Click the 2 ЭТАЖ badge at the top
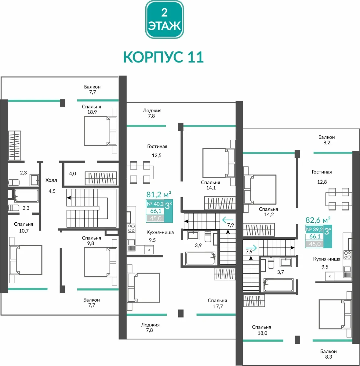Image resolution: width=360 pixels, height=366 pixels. tap(164, 20)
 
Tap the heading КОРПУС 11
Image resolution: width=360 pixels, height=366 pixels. tap(163, 57)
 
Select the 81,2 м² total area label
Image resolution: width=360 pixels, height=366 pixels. tap(158, 194)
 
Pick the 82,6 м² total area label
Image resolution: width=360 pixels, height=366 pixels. tap(318, 220)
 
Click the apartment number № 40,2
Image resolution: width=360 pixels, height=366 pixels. tap(155, 204)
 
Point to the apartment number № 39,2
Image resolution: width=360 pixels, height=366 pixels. tap(314, 229)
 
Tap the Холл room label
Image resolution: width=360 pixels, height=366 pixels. tap(51, 180)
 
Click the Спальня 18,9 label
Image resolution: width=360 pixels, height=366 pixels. tap(92, 109)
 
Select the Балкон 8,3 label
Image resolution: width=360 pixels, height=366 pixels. tap(329, 354)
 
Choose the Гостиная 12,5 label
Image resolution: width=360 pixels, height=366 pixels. tap(157, 151)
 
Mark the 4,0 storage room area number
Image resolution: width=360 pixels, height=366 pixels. tap(72, 174)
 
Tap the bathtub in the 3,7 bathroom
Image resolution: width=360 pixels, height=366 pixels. tap(278, 285)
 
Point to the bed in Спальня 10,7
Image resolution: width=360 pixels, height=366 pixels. tap(26, 260)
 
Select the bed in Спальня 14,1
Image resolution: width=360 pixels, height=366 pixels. tap(219, 163)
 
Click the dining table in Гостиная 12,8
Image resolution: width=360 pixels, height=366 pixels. tap(339, 199)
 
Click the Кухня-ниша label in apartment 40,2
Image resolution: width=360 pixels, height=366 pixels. tap(160, 232)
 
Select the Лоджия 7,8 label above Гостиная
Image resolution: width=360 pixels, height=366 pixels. tap(152, 113)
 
